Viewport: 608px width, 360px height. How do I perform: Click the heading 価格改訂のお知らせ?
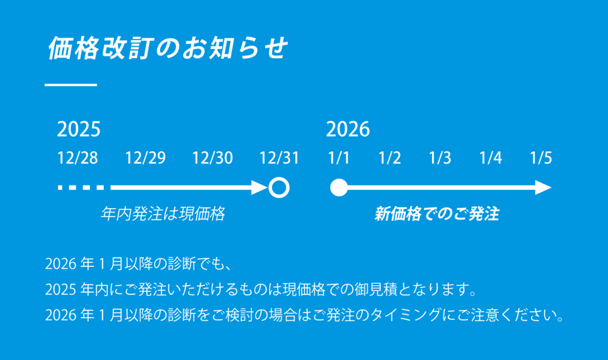[x=167, y=48]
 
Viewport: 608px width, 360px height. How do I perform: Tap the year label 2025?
[x=79, y=129]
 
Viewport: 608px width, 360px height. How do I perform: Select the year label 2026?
[x=348, y=129]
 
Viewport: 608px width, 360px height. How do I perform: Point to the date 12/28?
[x=78, y=157]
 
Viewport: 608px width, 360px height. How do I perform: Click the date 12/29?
[x=145, y=157]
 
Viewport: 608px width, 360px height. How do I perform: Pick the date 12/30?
[x=212, y=157]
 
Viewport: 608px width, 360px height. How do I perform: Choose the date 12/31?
[x=279, y=157]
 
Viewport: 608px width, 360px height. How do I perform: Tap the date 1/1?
[x=339, y=157]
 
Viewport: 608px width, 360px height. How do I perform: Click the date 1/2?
[x=390, y=157]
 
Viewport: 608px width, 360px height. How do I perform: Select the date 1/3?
[x=440, y=157]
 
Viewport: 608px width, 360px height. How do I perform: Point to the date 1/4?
[x=491, y=157]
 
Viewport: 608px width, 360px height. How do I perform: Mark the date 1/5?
[x=541, y=157]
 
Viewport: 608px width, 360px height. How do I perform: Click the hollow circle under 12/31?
[x=279, y=178]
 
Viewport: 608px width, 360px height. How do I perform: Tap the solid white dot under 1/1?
[x=339, y=187]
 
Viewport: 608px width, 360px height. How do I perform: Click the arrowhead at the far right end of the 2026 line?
[x=543, y=187]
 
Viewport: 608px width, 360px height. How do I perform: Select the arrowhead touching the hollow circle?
[x=259, y=187]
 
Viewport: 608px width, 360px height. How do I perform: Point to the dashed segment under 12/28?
[x=81, y=187]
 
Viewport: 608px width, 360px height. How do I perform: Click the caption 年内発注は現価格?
[x=163, y=214]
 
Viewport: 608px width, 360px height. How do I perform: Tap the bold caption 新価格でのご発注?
[x=437, y=214]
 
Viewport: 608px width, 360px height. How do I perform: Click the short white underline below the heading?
[x=71, y=85]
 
